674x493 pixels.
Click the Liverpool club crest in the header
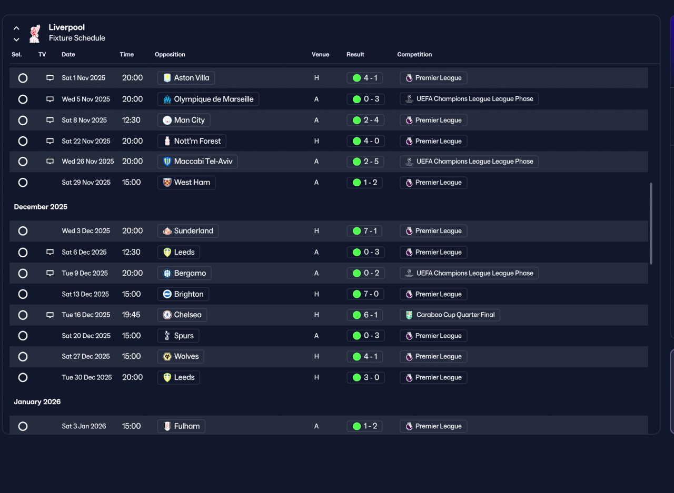(35, 33)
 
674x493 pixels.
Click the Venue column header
(320, 54)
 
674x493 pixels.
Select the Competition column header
(414, 54)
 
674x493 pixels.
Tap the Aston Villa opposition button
(186, 78)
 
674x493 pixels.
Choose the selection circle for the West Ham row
(23, 183)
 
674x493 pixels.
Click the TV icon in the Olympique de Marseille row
(50, 99)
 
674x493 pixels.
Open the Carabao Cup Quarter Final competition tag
(450, 315)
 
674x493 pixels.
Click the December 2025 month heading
(41, 207)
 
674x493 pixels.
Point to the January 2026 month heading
(37, 401)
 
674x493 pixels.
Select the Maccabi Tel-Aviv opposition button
(197, 162)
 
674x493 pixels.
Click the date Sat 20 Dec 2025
(86, 336)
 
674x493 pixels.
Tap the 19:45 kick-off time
(131, 315)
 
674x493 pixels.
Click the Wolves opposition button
(181, 357)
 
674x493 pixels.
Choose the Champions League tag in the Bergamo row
(469, 273)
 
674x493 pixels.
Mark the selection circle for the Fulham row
(23, 426)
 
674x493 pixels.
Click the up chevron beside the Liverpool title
(16, 28)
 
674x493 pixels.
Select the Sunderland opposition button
(188, 231)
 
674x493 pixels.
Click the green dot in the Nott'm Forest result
(357, 141)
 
